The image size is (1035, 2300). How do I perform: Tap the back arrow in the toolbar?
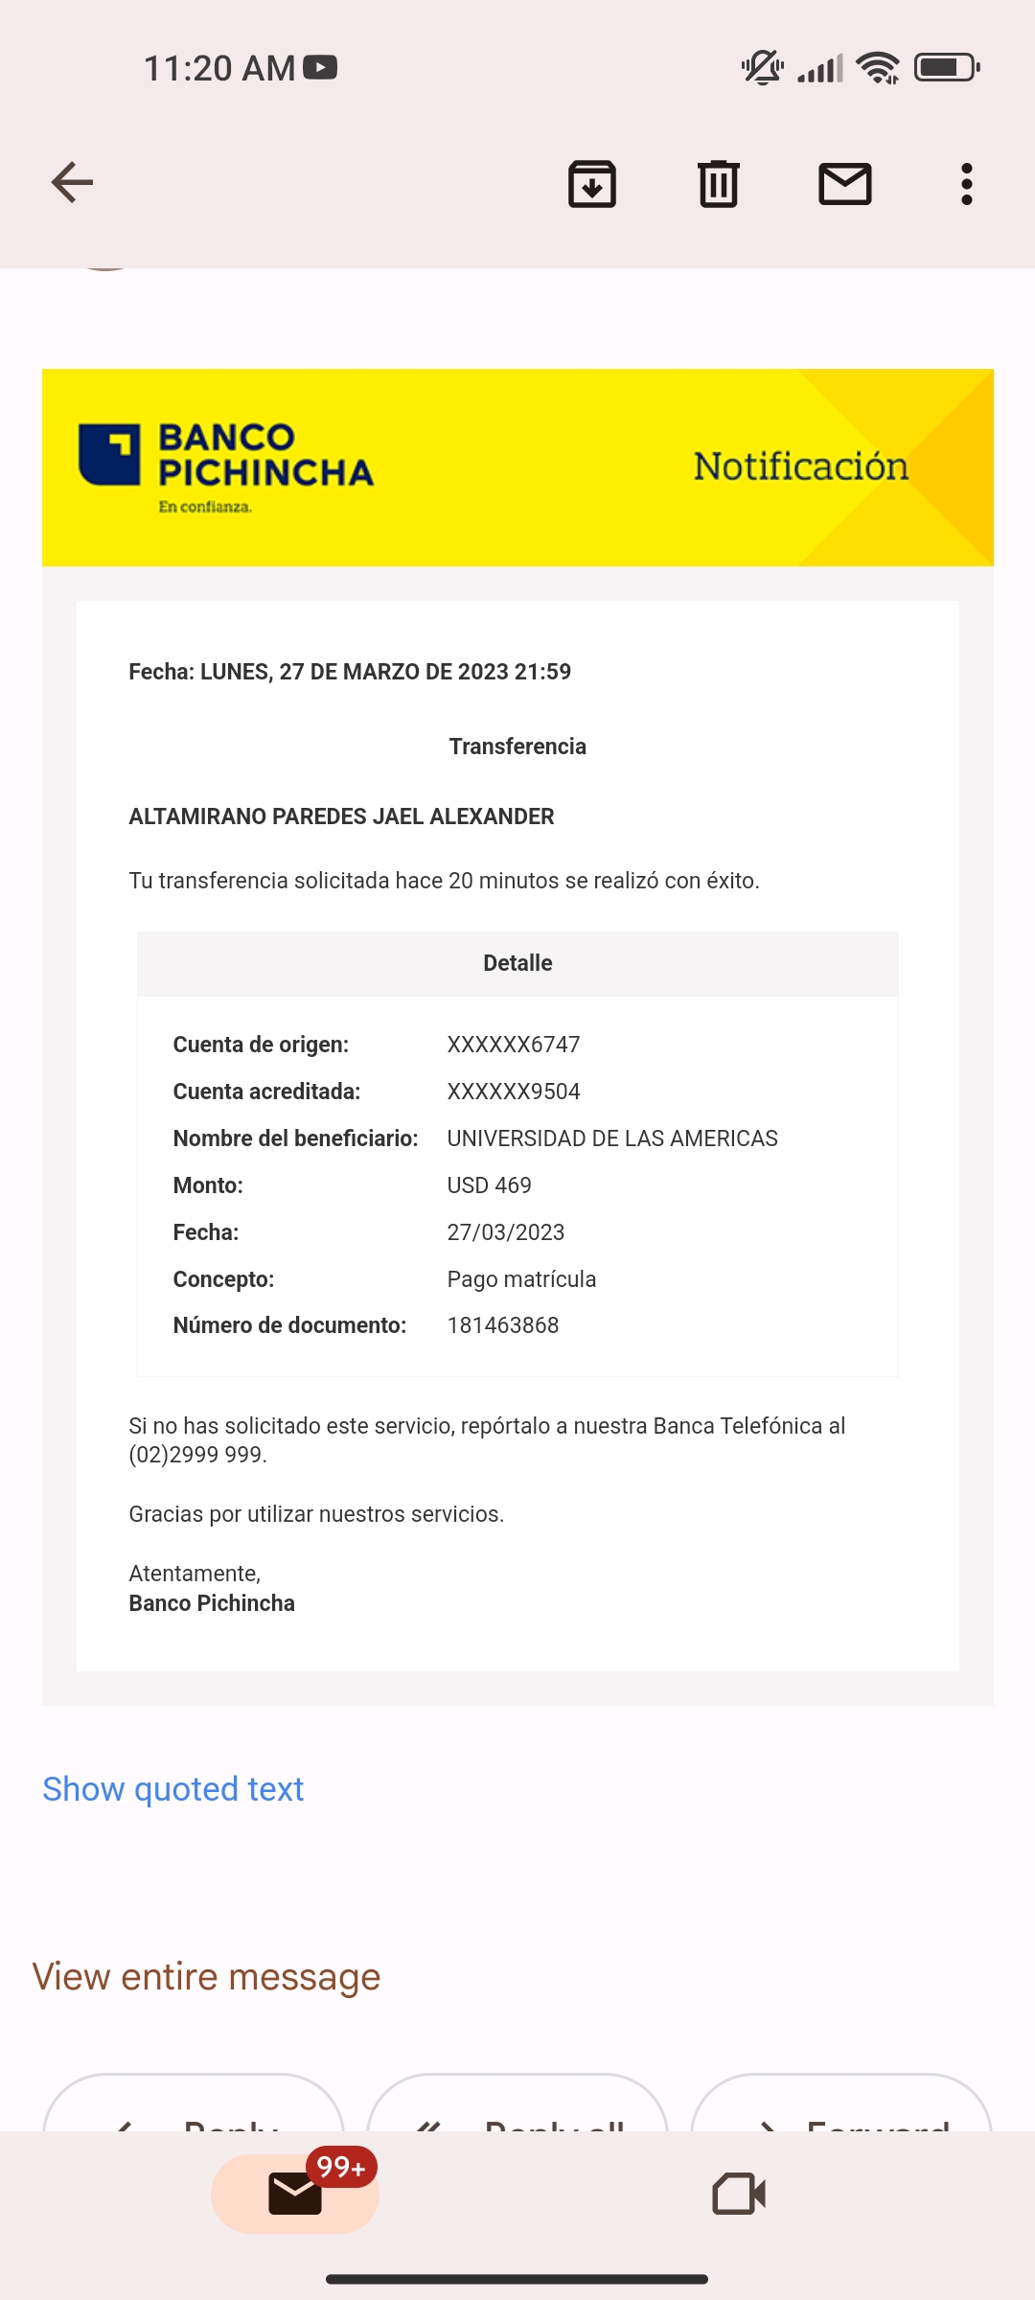tap(72, 183)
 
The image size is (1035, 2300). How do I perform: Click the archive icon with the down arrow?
tap(592, 184)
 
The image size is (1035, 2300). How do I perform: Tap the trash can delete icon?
tap(718, 184)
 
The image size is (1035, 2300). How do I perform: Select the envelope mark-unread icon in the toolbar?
tap(844, 184)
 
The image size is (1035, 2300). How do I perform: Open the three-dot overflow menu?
tap(966, 184)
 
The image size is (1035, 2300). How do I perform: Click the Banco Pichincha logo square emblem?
tap(109, 454)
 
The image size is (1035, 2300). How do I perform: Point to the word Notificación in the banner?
tap(800, 467)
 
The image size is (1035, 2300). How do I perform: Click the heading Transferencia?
tap(517, 747)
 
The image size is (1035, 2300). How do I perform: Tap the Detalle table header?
tap(517, 963)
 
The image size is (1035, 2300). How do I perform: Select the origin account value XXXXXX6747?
tap(514, 1045)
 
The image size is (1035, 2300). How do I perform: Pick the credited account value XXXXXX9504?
tap(514, 1092)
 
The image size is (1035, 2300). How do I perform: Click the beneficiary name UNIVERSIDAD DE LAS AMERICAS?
tap(612, 1138)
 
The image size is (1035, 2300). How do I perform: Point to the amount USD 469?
tap(489, 1185)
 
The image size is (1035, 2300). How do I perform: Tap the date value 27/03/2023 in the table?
tap(506, 1232)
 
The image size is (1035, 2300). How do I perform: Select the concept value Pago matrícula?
tap(521, 1279)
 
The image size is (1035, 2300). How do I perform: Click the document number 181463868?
tap(503, 1325)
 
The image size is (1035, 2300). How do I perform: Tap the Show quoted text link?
tap(173, 1789)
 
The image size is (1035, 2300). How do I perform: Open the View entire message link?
tap(207, 1977)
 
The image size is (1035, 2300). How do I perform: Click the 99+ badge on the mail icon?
tap(341, 2167)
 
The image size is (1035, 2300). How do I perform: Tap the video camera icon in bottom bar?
tap(739, 2194)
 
